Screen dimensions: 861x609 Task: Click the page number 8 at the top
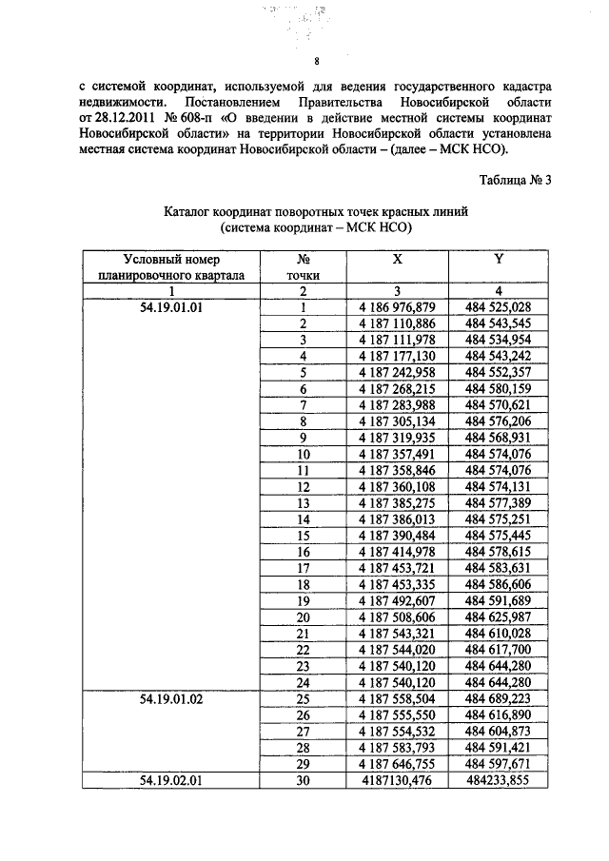pos(304,64)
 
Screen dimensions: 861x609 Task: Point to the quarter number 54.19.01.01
pos(172,306)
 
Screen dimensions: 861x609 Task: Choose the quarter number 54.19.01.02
pos(172,697)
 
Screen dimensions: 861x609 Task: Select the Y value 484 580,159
pos(498,388)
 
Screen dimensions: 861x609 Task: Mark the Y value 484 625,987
pos(498,616)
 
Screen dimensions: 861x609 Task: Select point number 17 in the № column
pos(304,567)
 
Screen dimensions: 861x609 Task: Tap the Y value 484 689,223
pos(498,697)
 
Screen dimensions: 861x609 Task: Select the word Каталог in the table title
pos(190,211)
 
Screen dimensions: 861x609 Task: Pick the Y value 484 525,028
pos(498,306)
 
